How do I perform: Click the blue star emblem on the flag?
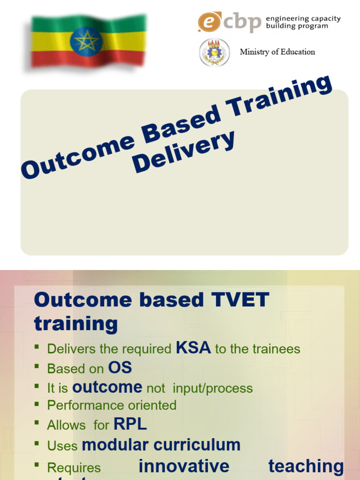(x=86, y=42)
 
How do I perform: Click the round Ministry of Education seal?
(x=215, y=52)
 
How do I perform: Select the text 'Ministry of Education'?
(x=277, y=52)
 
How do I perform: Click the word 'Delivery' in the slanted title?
(x=183, y=152)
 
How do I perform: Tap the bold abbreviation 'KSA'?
(x=193, y=348)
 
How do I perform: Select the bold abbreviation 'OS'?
(x=120, y=367)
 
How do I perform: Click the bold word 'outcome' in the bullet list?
(x=107, y=387)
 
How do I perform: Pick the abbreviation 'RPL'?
(x=130, y=424)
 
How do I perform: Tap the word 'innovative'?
(x=184, y=466)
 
